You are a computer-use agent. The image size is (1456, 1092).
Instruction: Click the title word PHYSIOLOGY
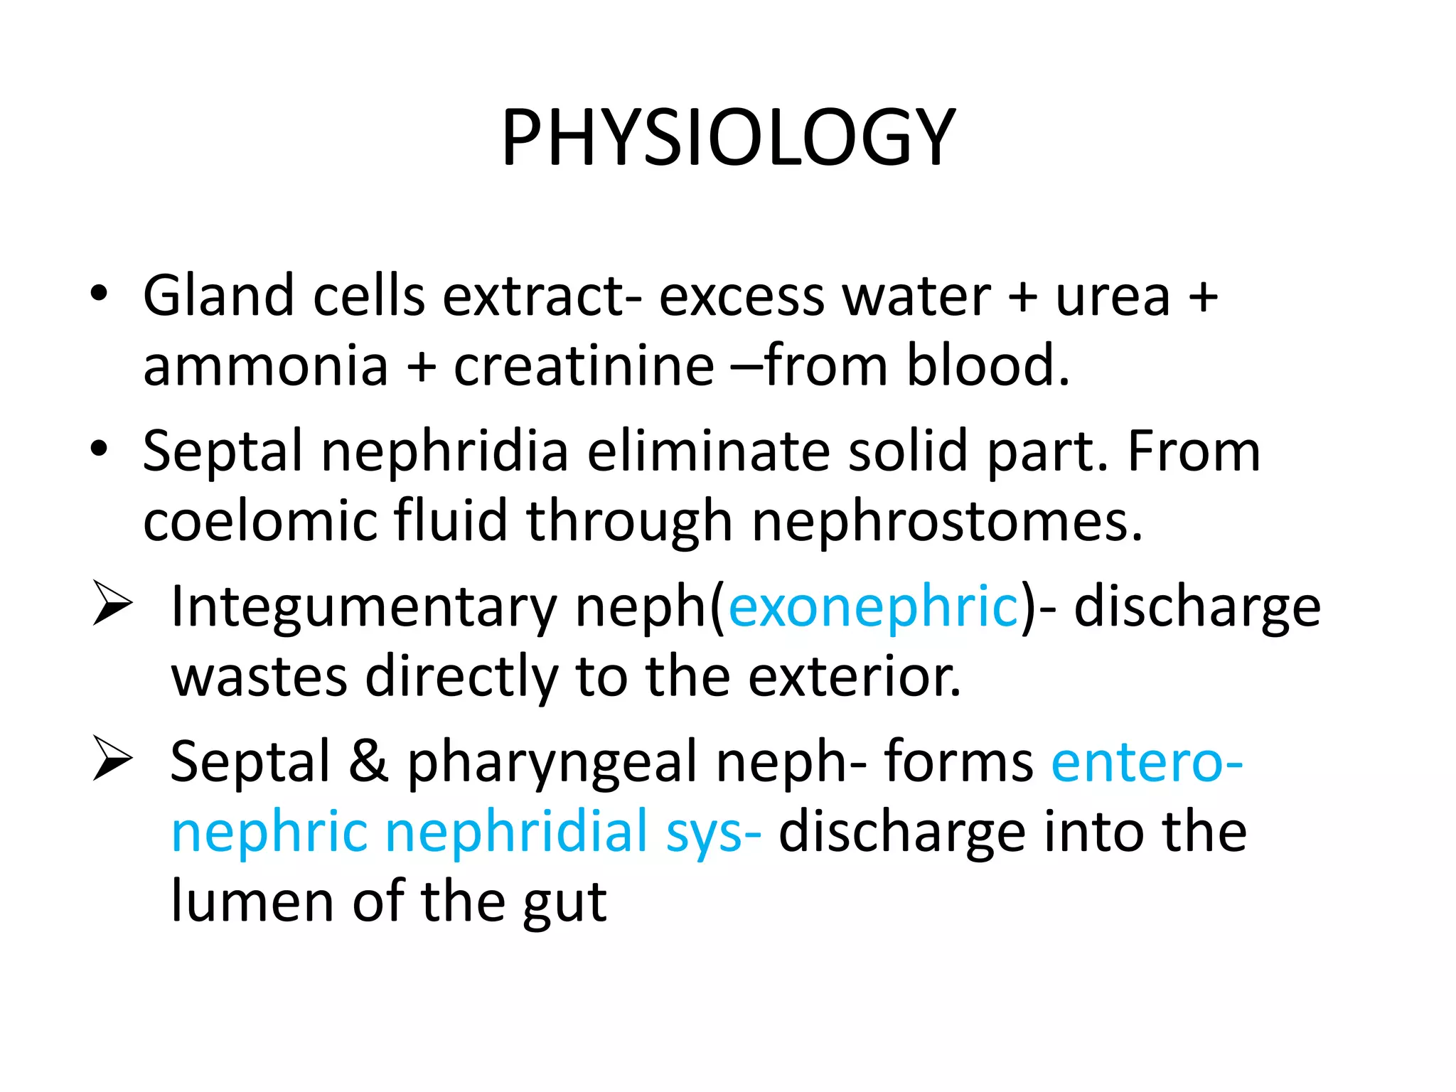coord(728,137)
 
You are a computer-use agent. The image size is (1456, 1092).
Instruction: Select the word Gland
coord(218,295)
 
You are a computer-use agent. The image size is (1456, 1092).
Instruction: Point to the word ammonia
coord(265,365)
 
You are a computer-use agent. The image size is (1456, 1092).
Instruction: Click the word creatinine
coord(584,365)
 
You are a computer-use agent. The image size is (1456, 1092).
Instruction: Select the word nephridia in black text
coord(444,451)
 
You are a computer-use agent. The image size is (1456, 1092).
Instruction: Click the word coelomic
coord(259,520)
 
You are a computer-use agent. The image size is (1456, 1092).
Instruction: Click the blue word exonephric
coord(874,606)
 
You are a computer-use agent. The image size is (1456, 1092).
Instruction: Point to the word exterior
coord(854,677)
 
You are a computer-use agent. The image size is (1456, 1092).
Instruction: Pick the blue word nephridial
coord(516,832)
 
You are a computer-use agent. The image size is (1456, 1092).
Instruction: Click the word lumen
coord(252,901)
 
